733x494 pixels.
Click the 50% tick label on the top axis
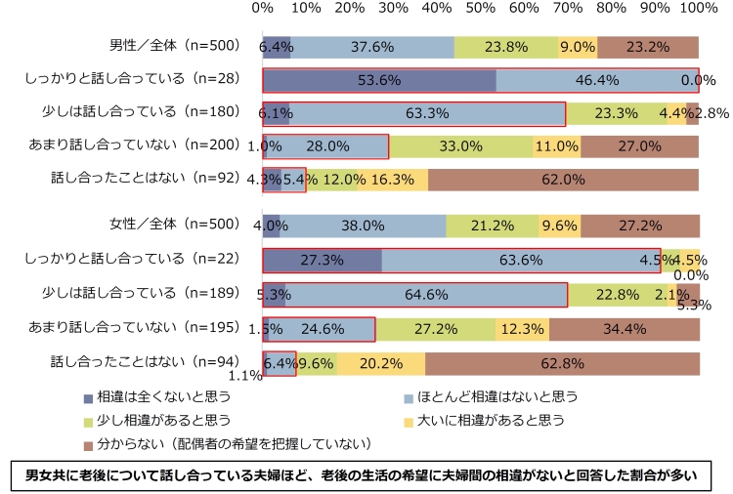[x=480, y=9]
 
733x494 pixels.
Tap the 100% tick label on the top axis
[x=697, y=9]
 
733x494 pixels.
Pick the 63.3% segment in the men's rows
[x=427, y=113]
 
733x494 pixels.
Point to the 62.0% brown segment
[x=563, y=180]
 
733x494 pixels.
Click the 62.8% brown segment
[x=562, y=363]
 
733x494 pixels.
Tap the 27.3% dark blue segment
[x=323, y=262]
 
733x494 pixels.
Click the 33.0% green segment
[x=461, y=146]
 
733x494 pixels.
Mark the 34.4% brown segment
[x=624, y=330]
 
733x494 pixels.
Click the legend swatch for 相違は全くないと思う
[x=89, y=397]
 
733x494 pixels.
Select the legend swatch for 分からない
[x=89, y=444]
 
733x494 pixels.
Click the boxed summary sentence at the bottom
[x=366, y=475]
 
